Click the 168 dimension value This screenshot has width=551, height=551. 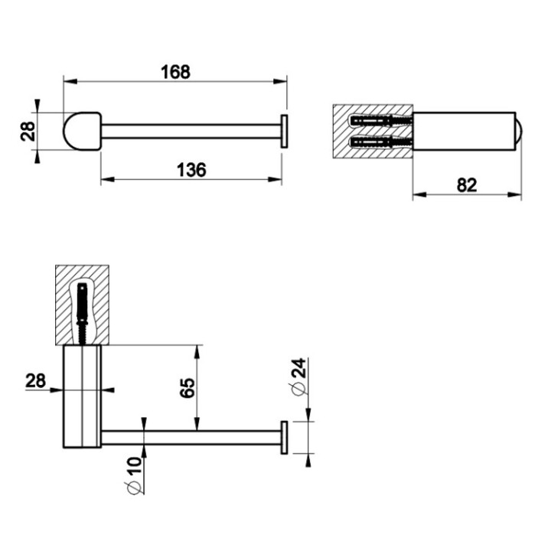coord(174,71)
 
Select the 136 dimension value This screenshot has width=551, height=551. coord(191,170)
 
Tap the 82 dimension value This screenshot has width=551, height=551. coord(467,184)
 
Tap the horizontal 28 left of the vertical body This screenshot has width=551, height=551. coord(35,380)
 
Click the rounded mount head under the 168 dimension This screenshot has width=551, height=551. coord(81,130)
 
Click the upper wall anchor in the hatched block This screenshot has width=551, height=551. coord(380,121)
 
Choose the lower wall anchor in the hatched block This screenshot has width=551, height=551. coord(380,142)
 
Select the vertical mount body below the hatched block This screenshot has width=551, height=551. coord(81,396)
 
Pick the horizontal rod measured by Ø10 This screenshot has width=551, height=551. coord(191,438)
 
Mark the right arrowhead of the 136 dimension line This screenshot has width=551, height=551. coord(280,181)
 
